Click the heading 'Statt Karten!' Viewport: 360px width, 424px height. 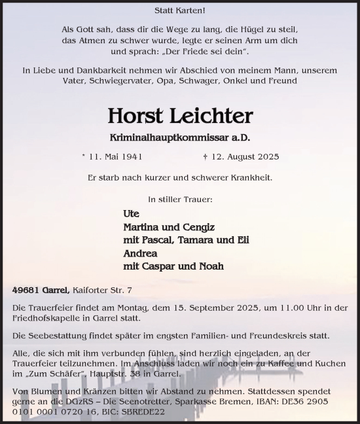[179, 10]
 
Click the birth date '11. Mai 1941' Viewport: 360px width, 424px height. [115, 156]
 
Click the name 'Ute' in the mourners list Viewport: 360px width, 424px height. [131, 213]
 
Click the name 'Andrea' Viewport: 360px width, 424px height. [140, 253]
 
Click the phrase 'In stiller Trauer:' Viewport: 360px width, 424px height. [179, 198]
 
